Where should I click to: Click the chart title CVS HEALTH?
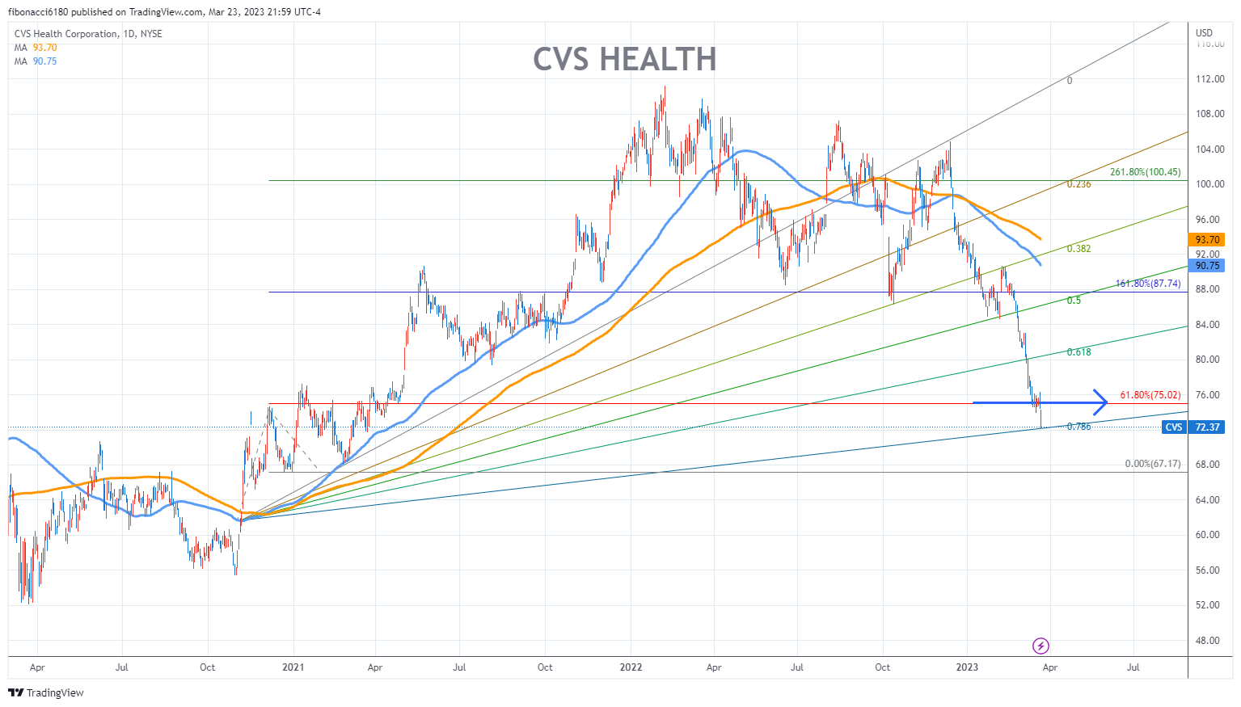tap(624, 60)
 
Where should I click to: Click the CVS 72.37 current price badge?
tap(1192, 427)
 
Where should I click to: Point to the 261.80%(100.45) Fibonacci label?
tap(1145, 172)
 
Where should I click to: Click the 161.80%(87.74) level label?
tap(1147, 284)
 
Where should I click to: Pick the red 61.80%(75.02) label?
tap(1150, 395)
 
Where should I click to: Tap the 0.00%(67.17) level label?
tap(1152, 464)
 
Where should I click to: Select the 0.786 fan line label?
tap(1078, 427)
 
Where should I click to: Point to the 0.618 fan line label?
tap(1078, 352)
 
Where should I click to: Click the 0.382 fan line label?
tap(1078, 249)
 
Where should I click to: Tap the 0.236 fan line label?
tap(1078, 184)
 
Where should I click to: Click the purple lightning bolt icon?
tap(1041, 646)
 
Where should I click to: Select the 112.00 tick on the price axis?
tap(1209, 79)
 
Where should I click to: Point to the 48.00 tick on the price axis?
tap(1209, 641)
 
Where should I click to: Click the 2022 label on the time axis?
tap(631, 667)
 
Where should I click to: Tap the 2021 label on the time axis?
tap(293, 667)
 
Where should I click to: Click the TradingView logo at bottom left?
tap(46, 692)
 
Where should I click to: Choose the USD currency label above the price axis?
tap(1204, 33)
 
